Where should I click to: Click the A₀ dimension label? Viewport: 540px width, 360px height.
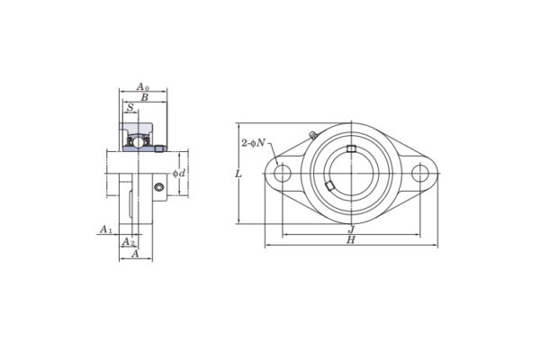141,86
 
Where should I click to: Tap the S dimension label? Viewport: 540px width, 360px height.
130,108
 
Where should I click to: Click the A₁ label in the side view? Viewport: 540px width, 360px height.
104,230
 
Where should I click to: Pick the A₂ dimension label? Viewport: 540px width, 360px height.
128,242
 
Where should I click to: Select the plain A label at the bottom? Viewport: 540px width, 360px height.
134,255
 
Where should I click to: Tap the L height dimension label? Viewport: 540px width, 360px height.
237,173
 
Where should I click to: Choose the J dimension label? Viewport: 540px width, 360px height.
350,230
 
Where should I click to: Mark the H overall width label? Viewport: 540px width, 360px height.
350,240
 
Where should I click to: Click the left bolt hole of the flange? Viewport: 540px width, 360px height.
283,173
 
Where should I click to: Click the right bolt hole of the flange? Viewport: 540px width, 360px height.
419,173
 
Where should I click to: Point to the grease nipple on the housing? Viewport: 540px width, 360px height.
310,136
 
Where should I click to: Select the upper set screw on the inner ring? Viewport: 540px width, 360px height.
351,148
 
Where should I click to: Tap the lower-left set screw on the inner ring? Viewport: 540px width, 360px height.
330,185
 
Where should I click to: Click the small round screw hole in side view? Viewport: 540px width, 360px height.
158,187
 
